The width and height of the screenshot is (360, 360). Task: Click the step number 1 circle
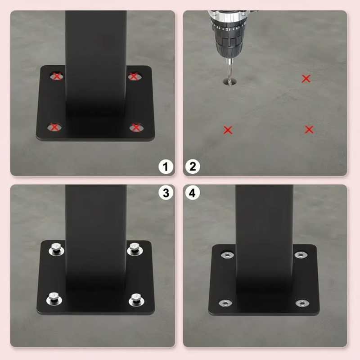pyautogui.click(x=166, y=166)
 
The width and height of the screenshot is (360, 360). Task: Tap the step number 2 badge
pyautogui.click(x=193, y=166)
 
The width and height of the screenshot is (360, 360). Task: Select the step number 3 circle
pyautogui.click(x=166, y=193)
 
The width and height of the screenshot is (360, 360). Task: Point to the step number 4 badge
pyautogui.click(x=193, y=193)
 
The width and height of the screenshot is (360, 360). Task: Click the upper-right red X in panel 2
pyautogui.click(x=306, y=79)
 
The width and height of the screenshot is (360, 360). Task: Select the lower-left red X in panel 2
pyautogui.click(x=228, y=130)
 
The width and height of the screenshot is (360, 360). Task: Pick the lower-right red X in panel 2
pyautogui.click(x=309, y=130)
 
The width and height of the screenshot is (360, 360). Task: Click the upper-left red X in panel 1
pyautogui.click(x=57, y=76)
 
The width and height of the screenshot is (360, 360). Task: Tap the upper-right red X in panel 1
pyautogui.click(x=134, y=76)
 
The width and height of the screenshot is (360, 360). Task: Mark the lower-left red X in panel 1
pyautogui.click(x=54, y=127)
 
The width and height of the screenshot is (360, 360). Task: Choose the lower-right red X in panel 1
pyautogui.click(x=136, y=127)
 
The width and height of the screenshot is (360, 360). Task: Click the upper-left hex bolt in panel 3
pyautogui.click(x=56, y=250)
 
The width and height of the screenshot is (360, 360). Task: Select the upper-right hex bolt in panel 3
pyautogui.click(x=135, y=249)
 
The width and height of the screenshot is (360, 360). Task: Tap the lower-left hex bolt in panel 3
pyautogui.click(x=54, y=299)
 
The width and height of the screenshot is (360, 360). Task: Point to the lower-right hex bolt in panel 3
pyautogui.click(x=136, y=300)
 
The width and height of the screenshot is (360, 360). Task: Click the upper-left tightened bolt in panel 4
pyautogui.click(x=227, y=255)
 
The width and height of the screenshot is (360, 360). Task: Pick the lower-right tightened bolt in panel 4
pyautogui.click(x=302, y=303)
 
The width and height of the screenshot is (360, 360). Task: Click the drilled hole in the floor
pyautogui.click(x=230, y=81)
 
